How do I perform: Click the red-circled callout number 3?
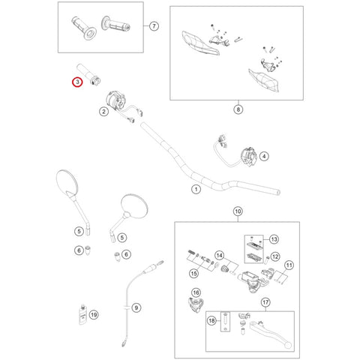77,82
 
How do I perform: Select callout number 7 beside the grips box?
154,25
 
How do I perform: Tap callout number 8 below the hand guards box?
238,109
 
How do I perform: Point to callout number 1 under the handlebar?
196,189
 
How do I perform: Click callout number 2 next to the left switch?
103,112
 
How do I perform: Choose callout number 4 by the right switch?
264,157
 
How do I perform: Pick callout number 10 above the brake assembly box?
238,211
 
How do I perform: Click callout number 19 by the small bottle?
94,315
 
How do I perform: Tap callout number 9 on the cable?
136,307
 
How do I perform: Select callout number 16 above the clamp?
196,292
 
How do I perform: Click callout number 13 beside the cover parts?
274,239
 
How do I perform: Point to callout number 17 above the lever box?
265,302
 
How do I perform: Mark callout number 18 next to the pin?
211,320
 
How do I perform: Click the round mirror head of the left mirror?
67,182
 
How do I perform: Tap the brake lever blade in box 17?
271,335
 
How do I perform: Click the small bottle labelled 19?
82,314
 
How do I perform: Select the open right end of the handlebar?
277,192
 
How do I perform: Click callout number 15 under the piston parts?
193,273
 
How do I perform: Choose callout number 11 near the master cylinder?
289,265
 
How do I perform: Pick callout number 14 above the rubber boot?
219,256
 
